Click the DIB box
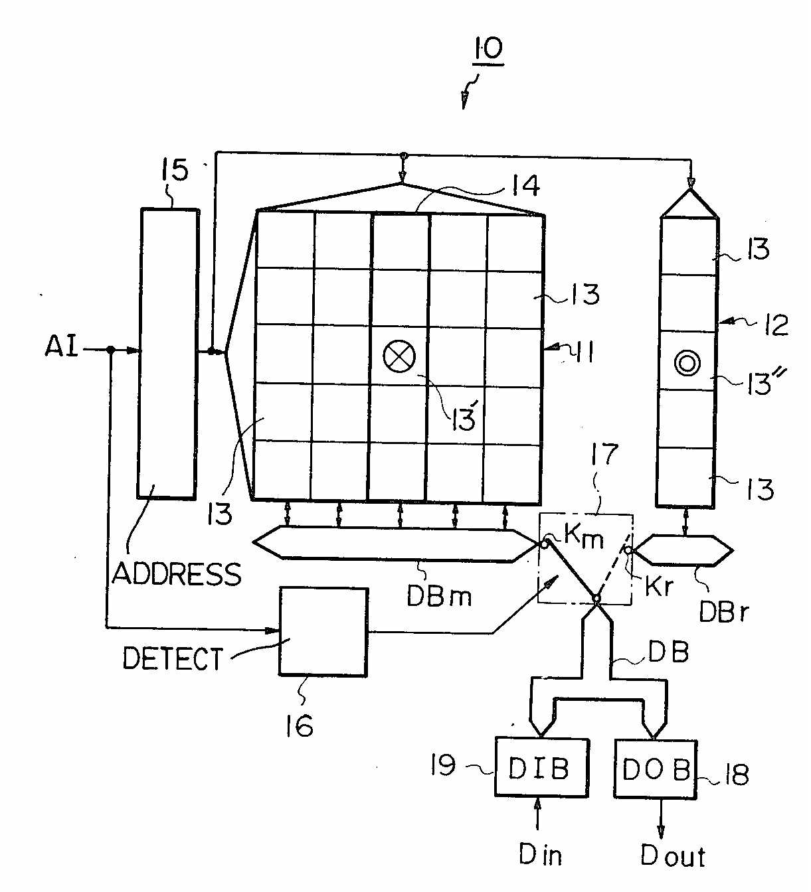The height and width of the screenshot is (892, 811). [x=541, y=767]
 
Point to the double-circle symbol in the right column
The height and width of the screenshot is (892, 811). [x=687, y=363]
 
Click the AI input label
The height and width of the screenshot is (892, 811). [x=61, y=346]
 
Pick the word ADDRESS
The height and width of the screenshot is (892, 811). [x=177, y=573]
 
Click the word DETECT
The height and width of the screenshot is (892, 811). [x=173, y=658]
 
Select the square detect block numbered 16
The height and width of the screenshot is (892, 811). [x=323, y=631]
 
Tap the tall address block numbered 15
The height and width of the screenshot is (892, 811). [x=167, y=354]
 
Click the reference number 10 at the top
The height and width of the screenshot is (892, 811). [x=488, y=48]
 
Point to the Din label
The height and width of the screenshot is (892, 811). [x=540, y=855]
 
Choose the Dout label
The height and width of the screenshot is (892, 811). [x=672, y=856]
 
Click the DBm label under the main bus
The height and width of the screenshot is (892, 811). [x=439, y=597]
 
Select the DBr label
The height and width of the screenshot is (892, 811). [x=723, y=612]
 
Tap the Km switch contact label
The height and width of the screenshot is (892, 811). [x=584, y=536]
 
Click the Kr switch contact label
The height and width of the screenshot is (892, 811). [x=659, y=586]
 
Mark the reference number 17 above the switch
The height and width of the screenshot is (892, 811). [x=604, y=455]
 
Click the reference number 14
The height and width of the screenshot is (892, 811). [x=526, y=185]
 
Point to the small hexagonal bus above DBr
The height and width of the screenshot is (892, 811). [x=683, y=550]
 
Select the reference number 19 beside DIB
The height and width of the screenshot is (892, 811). [x=443, y=765]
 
